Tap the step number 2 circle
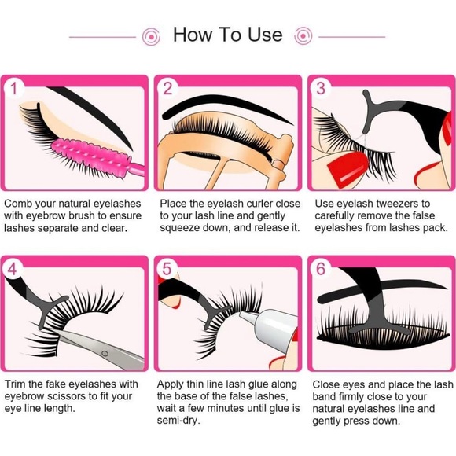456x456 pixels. click(x=167, y=89)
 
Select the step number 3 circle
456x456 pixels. click(x=320, y=89)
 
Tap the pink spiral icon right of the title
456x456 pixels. click(x=303, y=36)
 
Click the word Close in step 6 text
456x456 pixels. click(x=329, y=384)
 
